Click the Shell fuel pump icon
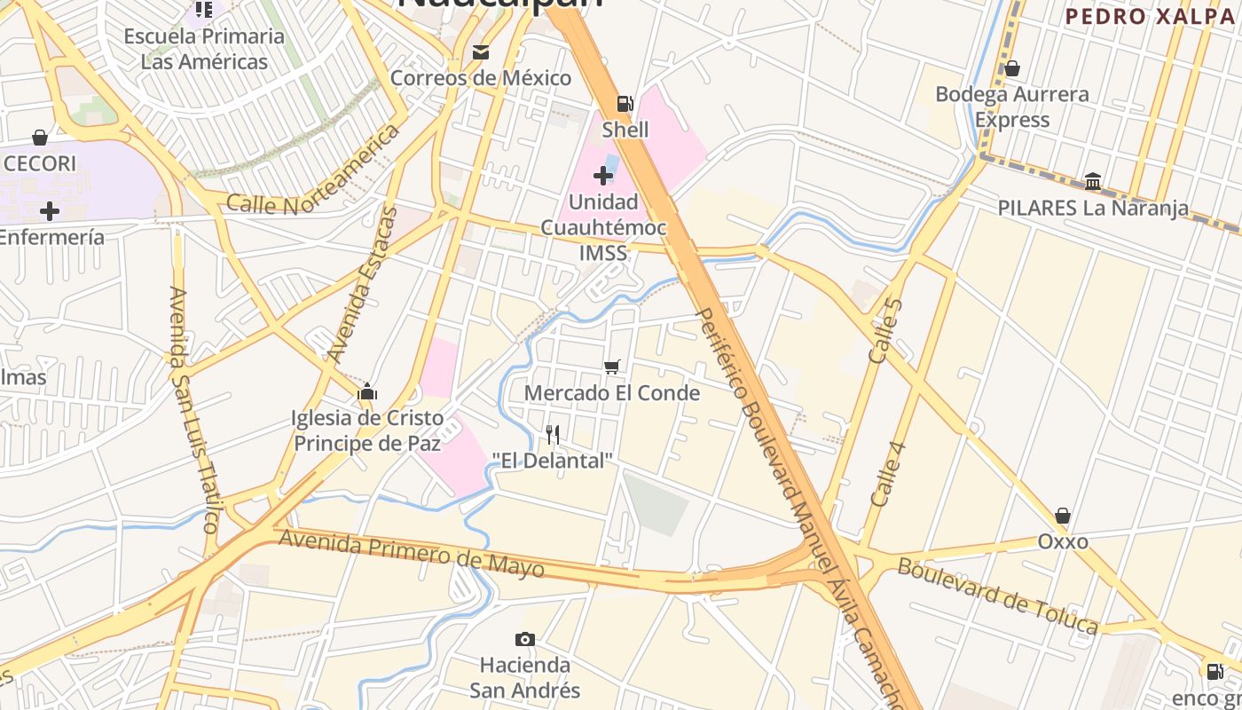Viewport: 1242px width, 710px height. coord(625,104)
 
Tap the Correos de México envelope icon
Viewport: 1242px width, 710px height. coord(481,52)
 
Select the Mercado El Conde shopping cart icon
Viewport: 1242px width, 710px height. coord(611,367)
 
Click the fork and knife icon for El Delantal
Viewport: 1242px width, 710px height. coord(553,434)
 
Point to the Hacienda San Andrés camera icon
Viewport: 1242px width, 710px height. coord(525,639)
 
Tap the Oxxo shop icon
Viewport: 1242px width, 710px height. coord(1062,516)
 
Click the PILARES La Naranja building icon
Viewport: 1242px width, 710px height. coord(1093,182)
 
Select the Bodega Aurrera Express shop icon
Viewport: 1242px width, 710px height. coord(1011,68)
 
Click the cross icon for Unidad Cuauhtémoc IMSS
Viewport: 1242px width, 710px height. coord(603,175)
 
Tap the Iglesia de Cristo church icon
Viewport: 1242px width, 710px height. coord(367,391)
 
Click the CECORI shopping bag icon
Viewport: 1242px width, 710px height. coord(40,138)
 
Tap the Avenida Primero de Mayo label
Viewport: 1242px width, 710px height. coord(412,552)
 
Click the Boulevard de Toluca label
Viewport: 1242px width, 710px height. coord(997,596)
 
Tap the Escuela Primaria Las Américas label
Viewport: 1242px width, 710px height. coord(204,49)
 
